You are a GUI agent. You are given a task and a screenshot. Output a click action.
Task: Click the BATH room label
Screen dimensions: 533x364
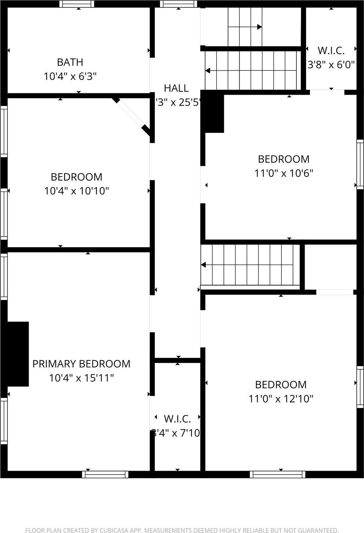(x=70, y=62)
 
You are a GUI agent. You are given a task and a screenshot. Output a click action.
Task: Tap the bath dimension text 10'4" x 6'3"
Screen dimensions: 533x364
(x=70, y=76)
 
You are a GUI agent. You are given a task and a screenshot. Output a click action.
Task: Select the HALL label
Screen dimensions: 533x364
(x=176, y=88)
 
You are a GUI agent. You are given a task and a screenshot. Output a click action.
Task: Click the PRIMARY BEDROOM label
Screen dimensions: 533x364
(x=81, y=364)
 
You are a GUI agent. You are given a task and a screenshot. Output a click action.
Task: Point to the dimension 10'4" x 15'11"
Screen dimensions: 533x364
(x=81, y=377)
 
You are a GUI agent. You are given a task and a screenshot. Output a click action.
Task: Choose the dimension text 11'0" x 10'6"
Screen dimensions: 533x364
(x=284, y=173)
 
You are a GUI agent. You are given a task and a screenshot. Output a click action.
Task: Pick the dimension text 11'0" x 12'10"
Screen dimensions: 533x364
(x=281, y=398)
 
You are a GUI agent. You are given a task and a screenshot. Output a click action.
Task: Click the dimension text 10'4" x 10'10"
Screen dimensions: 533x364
(x=77, y=191)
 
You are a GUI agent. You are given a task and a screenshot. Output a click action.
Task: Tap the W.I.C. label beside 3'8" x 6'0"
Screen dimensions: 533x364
(x=331, y=50)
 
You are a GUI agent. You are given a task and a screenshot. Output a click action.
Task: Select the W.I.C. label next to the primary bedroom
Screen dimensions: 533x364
(x=177, y=419)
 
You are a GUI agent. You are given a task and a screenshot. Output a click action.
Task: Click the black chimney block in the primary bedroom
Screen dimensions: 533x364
(x=18, y=354)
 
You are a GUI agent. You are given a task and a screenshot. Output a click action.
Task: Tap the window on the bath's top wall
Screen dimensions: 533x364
(x=77, y=4)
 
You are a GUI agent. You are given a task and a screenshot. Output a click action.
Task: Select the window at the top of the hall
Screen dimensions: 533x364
(x=178, y=4)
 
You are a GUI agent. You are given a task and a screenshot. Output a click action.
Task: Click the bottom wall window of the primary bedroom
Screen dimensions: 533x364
(x=105, y=474)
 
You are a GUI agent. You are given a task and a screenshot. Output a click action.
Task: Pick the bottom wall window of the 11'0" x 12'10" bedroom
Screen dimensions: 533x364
(x=277, y=474)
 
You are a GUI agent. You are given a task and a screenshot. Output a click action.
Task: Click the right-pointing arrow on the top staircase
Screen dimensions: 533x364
(x=259, y=27)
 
